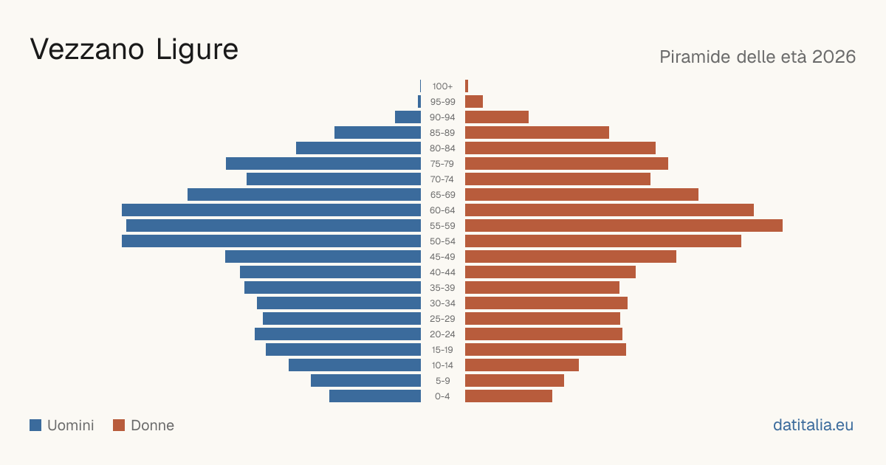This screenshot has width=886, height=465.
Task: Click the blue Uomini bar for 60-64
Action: tap(272, 210)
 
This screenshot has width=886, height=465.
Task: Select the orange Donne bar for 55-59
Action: tap(624, 225)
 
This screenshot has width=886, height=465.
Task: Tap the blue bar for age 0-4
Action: tap(375, 396)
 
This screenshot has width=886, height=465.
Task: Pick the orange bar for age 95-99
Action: tap(474, 102)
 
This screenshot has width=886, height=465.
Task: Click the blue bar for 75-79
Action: tap(323, 164)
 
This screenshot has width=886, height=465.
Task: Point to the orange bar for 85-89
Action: tap(538, 132)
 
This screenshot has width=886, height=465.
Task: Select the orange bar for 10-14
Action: tap(522, 365)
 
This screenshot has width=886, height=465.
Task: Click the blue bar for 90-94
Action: tap(408, 117)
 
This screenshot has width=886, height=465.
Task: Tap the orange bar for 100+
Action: tap(467, 86)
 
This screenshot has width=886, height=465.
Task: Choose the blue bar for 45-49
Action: tap(323, 257)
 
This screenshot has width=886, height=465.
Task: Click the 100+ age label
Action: tap(442, 86)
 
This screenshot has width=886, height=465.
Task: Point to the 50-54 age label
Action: tap(442, 241)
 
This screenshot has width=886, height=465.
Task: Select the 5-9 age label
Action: tap(442, 381)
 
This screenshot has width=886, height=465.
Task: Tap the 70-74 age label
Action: tap(442, 179)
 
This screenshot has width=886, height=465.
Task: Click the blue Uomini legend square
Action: tap(35, 425)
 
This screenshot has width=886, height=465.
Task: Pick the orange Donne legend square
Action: tap(119, 425)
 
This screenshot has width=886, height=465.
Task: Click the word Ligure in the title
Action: tap(197, 51)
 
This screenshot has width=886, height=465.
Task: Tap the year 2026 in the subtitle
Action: tap(834, 57)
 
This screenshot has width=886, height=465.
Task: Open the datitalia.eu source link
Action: tap(813, 425)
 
